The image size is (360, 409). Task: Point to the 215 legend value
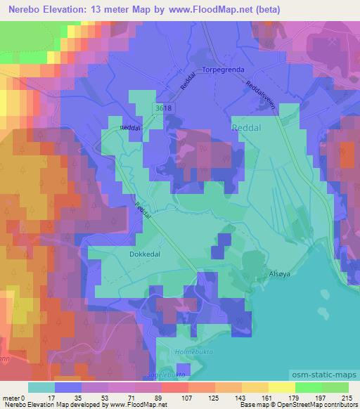point(345,398)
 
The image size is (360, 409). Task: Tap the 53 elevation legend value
point(105,398)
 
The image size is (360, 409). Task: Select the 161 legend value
point(266,398)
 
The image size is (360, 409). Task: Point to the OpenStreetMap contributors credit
point(317,405)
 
